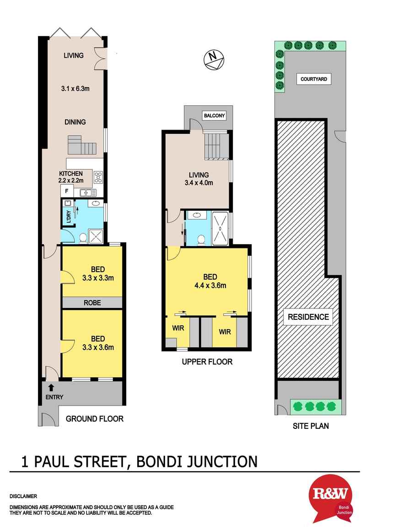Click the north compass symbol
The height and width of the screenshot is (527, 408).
coord(213,59)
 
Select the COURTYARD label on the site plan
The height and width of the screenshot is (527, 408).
coord(313,79)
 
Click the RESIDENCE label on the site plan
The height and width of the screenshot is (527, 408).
coord(308,317)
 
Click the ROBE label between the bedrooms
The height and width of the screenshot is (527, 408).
coord(92,303)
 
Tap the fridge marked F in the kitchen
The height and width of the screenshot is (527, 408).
coord(66,191)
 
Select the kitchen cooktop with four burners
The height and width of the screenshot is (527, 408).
coord(98,177)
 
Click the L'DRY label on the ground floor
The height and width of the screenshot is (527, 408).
coord(68,216)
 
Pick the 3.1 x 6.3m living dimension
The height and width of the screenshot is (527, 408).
coord(75,89)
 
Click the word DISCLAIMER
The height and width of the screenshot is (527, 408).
coord(23,496)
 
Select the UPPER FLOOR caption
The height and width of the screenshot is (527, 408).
coord(207,362)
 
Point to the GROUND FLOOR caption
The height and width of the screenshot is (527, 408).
coord(95,418)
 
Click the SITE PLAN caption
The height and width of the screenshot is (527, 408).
coord(311,426)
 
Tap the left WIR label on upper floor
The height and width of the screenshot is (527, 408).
coord(178,328)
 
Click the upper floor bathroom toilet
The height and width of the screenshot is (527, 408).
coord(200,239)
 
